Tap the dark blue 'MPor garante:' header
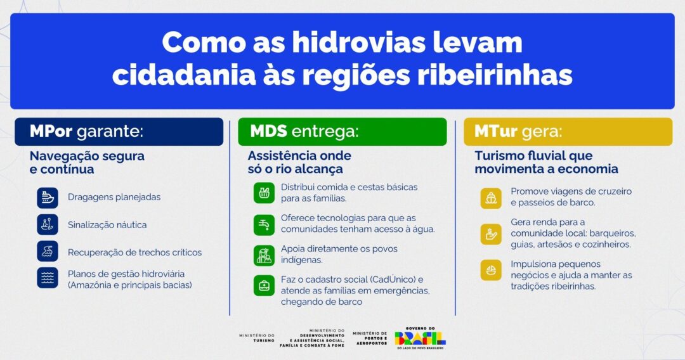[119, 132]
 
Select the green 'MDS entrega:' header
[342, 132]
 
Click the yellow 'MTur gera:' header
[568, 132]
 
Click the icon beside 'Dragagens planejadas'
[48, 197]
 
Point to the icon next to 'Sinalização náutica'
[48, 224]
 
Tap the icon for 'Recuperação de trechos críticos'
[48, 252]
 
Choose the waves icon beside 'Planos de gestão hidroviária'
[48, 278]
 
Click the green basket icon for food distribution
[264, 193]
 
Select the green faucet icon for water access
[264, 224]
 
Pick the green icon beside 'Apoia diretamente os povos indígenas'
[264, 254]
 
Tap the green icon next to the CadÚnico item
[264, 286]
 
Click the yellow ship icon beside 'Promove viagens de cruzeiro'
[490, 198]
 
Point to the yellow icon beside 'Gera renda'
[490, 234]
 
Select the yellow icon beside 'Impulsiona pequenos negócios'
[490, 270]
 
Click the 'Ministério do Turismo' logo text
[257, 338]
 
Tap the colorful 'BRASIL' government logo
[420, 338]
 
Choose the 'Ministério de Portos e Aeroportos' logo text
[370, 338]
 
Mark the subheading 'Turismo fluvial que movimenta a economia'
[546, 162]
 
